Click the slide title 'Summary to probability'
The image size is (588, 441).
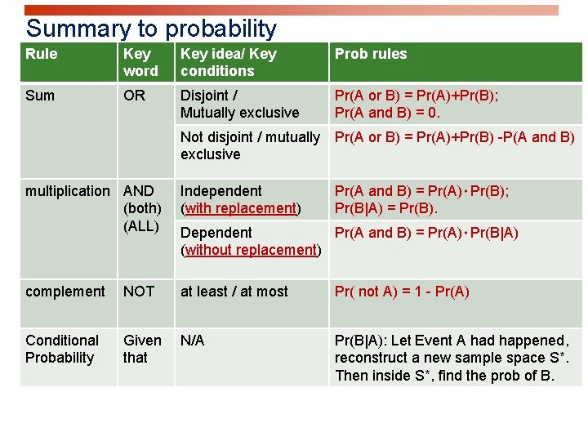pos(151,29)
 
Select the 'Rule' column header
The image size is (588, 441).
pos(42,54)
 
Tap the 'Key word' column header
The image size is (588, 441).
pos(140,62)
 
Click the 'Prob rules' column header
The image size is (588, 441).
pos(371,54)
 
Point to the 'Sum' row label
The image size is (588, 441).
pos(40,96)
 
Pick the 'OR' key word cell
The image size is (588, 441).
pos(134,96)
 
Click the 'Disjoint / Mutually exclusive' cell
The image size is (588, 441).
pos(239,104)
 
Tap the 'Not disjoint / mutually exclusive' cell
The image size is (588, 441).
pos(250,145)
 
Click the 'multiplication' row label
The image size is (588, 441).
pos(67,191)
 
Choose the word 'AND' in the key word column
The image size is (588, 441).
pos(138,191)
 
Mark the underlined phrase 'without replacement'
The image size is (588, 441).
pos(251,250)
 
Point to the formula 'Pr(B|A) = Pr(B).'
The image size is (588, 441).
pos(386,208)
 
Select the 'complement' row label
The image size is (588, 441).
pos(65,292)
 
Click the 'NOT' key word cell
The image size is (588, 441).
pos(139,292)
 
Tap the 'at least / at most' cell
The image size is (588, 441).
pos(234,292)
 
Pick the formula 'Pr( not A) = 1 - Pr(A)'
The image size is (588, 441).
pos(402,292)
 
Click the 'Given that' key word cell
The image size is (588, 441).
pos(142,349)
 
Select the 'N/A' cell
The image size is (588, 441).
pos(193,341)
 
